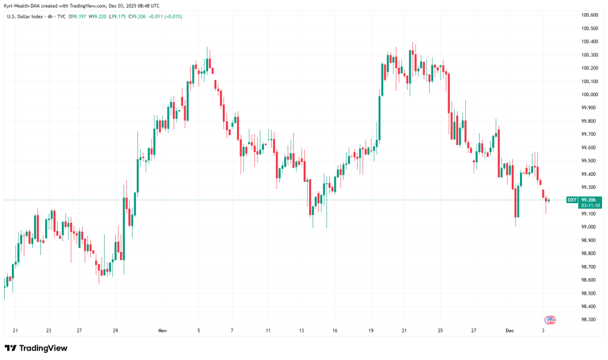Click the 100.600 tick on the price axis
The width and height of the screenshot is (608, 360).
(590, 15)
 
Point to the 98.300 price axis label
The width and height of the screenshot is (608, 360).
(590, 320)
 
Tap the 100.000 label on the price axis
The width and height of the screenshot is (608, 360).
(590, 94)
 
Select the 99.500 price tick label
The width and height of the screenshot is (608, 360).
(590, 161)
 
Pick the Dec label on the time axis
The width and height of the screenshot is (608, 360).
(509, 330)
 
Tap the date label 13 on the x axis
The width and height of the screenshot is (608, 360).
(302, 330)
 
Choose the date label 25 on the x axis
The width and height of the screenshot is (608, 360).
(440, 330)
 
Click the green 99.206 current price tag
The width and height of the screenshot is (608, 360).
(590, 200)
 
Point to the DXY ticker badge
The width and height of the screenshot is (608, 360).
(572, 200)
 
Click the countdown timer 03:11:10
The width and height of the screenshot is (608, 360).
(591, 206)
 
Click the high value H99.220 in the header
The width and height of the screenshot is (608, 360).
(98, 16)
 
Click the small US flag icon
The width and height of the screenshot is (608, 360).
(550, 320)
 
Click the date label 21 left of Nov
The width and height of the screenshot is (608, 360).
(15, 330)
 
